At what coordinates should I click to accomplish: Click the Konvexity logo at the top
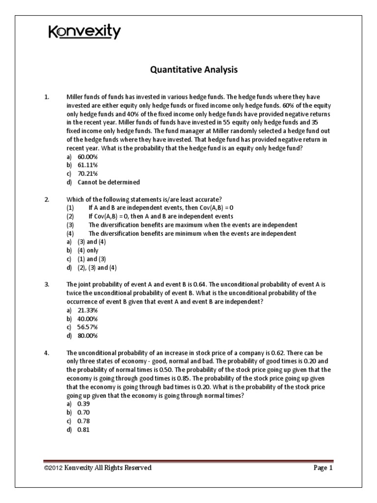point(84,32)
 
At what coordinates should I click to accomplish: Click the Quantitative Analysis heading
point(193,70)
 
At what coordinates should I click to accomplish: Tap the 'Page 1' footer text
point(323,468)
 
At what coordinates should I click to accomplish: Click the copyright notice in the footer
point(97,468)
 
